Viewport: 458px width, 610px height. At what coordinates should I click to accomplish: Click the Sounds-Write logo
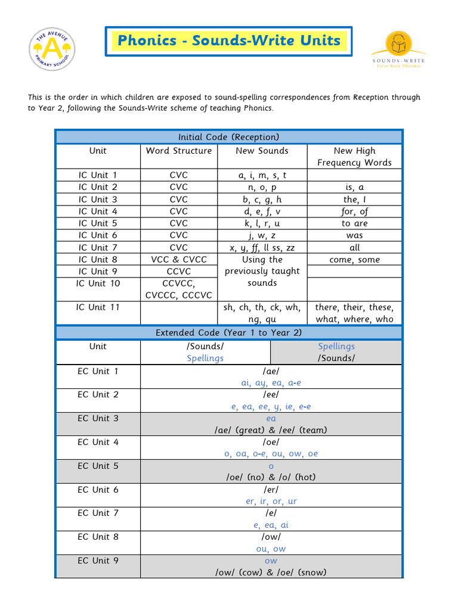tap(397, 49)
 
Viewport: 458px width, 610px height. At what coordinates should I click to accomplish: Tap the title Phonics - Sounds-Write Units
tap(229, 41)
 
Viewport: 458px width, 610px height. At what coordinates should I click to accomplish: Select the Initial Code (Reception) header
tap(229, 137)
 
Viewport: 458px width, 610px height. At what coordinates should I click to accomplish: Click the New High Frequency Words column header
tap(355, 157)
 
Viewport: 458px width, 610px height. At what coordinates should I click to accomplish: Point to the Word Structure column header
tap(179, 151)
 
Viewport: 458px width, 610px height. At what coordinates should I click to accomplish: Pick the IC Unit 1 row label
tap(98, 175)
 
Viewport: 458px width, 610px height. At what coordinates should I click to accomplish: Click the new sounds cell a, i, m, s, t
tap(262, 175)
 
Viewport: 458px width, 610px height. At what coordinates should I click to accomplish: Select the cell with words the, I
tap(355, 200)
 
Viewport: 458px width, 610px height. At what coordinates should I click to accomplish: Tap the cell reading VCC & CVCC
tap(179, 260)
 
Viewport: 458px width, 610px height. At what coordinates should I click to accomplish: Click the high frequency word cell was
tap(355, 235)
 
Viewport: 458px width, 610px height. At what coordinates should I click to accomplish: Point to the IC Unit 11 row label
tap(98, 307)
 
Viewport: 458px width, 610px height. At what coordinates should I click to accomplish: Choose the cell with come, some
tap(355, 260)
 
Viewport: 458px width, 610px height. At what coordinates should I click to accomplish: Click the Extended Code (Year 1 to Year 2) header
tap(229, 332)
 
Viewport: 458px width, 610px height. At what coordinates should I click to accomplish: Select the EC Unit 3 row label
tap(98, 418)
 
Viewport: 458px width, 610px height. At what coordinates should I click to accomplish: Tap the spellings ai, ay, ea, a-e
tap(271, 383)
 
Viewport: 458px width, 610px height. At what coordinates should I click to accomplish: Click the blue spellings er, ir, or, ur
tap(271, 502)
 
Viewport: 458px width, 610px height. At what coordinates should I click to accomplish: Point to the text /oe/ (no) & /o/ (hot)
tap(271, 477)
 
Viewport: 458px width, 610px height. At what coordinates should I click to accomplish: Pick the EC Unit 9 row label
tap(98, 561)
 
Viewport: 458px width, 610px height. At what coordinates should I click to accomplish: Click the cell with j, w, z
tap(262, 235)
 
